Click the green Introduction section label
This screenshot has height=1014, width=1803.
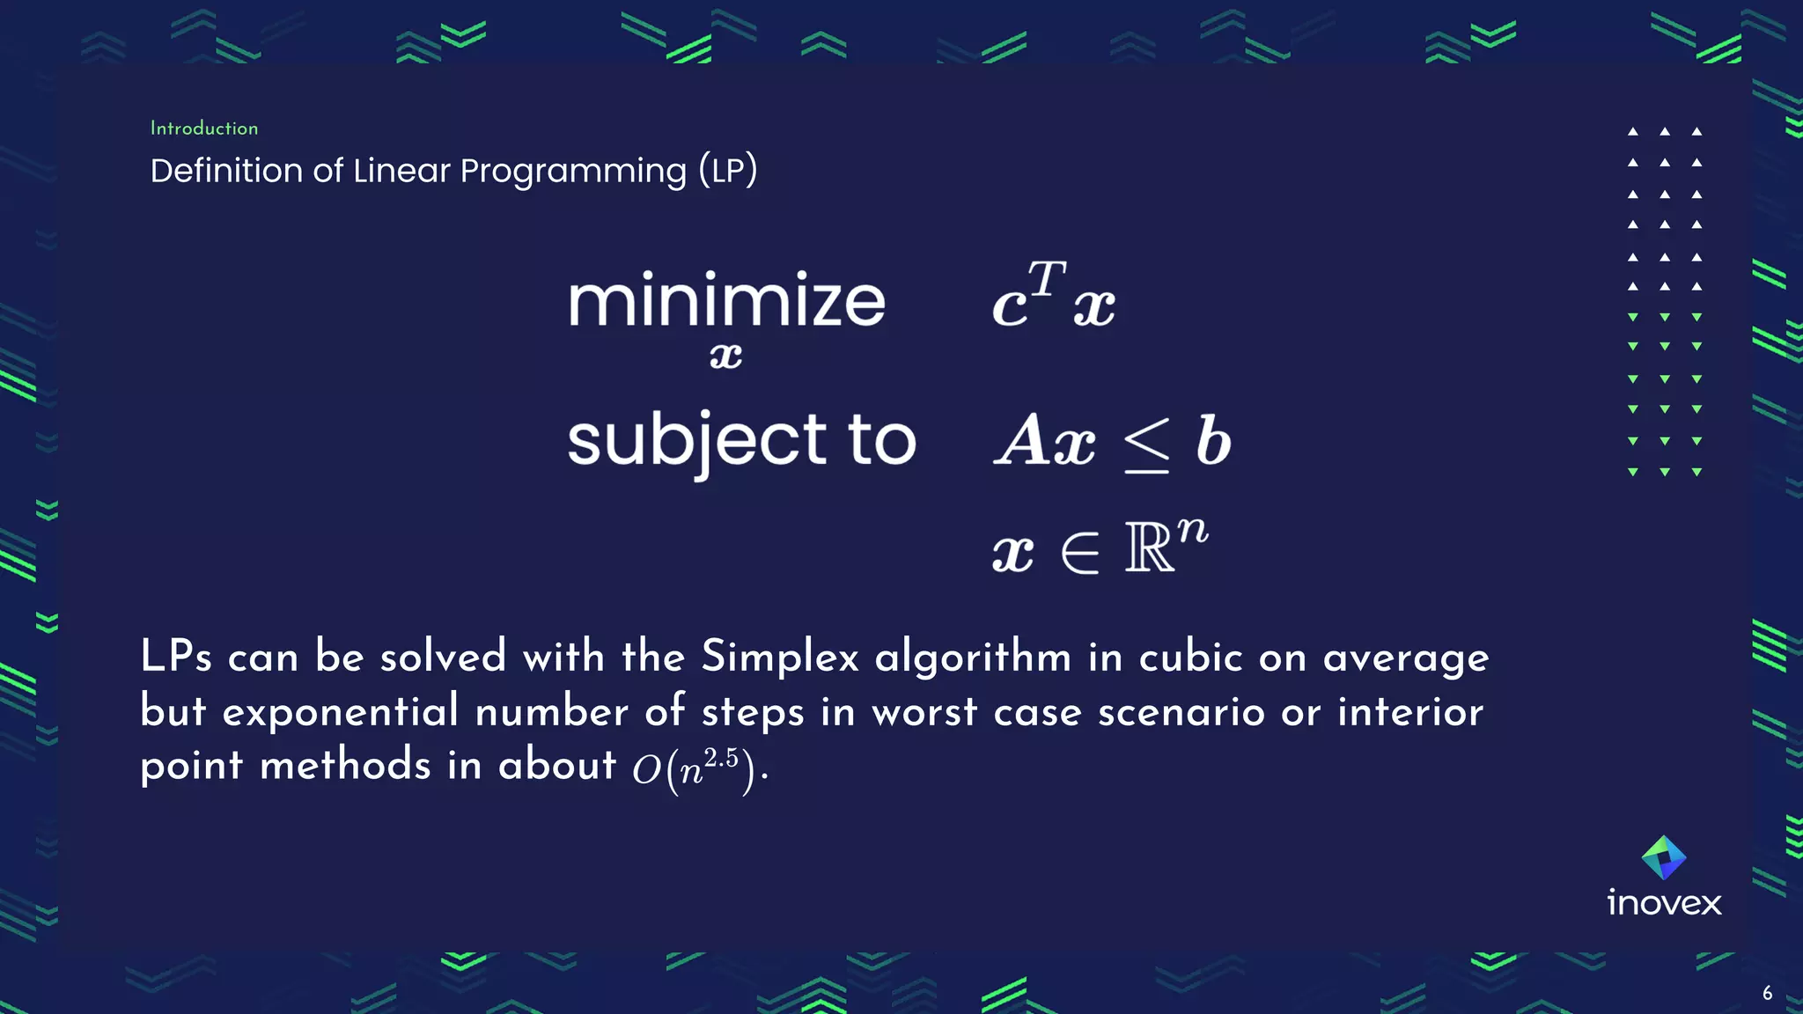[204, 129]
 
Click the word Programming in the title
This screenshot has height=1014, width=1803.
[572, 171]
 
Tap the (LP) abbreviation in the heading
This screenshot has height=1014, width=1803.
[727, 169]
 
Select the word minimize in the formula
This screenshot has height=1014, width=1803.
[725, 301]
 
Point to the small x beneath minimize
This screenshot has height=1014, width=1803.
[725, 356]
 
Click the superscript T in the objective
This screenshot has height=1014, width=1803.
[1047, 277]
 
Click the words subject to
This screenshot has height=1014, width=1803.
[741, 440]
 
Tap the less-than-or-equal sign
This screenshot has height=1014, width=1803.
[1146, 445]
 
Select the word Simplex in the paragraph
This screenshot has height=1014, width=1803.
[779, 658]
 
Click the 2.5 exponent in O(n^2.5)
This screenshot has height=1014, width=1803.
[721, 757]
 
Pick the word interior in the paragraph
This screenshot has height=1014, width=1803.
[1410, 711]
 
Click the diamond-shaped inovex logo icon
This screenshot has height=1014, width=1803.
[1664, 857]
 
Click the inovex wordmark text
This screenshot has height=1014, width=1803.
[1664, 903]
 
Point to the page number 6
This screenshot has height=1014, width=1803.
[1767, 994]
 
